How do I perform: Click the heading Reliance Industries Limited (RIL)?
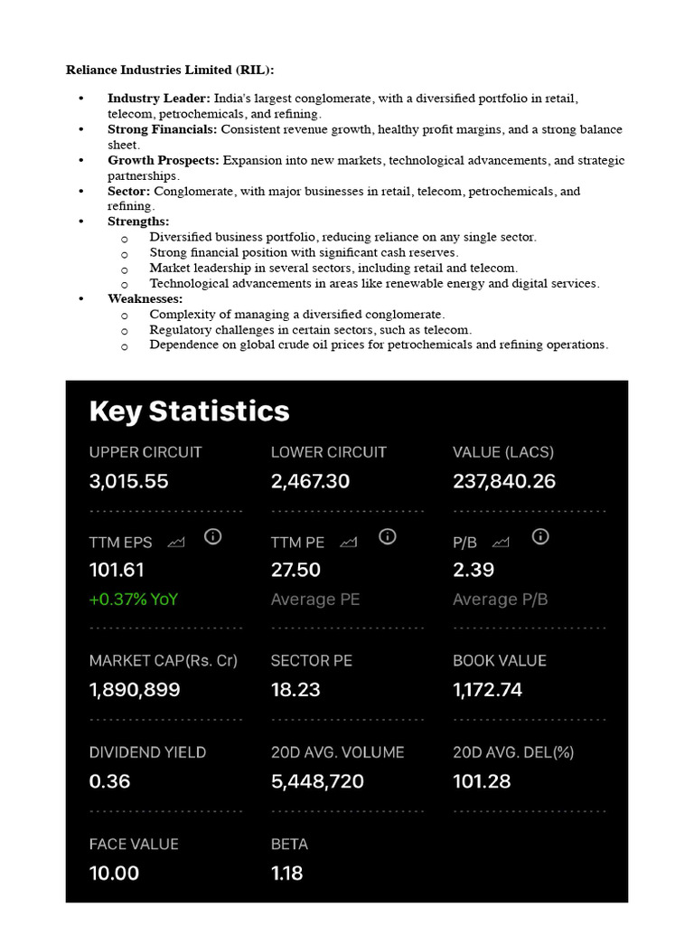coord(170,70)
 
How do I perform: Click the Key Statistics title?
coord(189,411)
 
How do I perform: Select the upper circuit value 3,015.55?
coord(128,481)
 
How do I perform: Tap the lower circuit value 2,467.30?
coord(310,481)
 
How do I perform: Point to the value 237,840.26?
coord(503,481)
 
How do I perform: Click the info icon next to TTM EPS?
coord(212,537)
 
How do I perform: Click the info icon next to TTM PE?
coord(387,537)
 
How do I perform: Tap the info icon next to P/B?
coord(540,537)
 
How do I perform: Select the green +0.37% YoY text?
coord(134,599)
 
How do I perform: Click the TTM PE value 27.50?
coord(295,570)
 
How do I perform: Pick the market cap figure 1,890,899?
coord(135,690)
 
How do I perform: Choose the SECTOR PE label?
coord(311,661)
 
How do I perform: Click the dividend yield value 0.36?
coord(109,781)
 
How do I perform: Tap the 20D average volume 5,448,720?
coord(317,781)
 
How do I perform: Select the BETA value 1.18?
coord(286,873)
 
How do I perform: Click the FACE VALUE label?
coord(134,844)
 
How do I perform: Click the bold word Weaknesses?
coord(145,298)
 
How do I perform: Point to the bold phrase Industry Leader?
coord(158,99)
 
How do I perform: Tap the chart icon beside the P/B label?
coord(501,543)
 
